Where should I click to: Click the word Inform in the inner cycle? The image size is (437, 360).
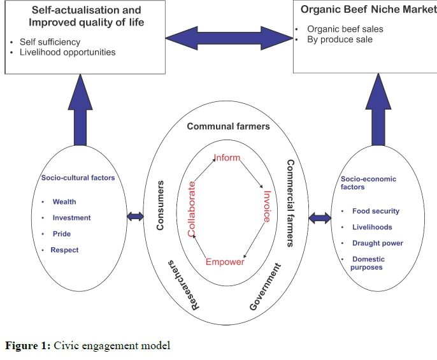(x=227, y=158)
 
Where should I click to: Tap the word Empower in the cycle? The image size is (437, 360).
(x=225, y=262)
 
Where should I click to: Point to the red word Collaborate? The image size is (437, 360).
(x=192, y=208)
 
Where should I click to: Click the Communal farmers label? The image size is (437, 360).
(x=228, y=126)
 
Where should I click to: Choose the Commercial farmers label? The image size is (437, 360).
(x=290, y=203)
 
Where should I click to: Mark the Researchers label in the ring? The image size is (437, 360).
(x=184, y=285)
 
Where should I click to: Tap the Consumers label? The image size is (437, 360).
(x=161, y=205)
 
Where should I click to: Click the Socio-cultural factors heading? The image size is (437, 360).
(x=78, y=178)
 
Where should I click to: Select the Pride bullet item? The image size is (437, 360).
(x=62, y=234)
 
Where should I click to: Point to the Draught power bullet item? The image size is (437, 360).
(x=378, y=243)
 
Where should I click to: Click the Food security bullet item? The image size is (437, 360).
(x=376, y=211)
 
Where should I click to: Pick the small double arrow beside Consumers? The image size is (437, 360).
(x=135, y=217)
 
